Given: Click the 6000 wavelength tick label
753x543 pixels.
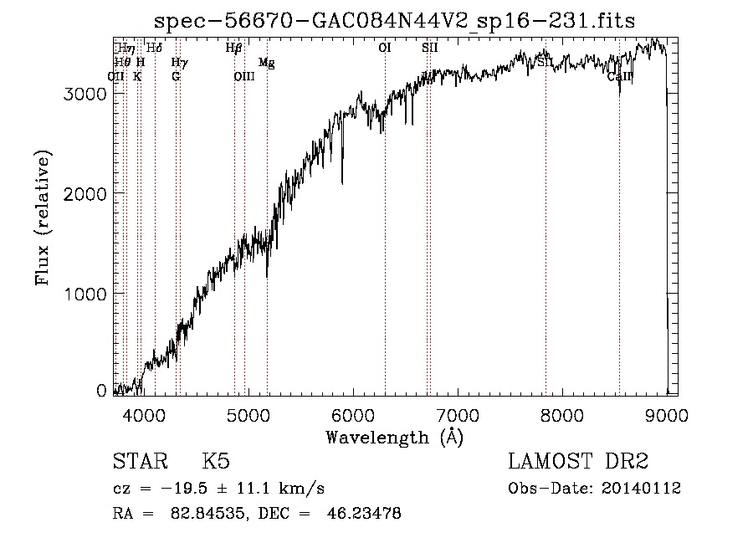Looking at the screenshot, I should tap(352, 414).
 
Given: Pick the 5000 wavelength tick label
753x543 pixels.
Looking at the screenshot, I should tap(248, 414).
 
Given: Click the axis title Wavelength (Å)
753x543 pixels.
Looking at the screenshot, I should tap(394, 437).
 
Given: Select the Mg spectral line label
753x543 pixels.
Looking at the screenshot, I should tap(266, 63).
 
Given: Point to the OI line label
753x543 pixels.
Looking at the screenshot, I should tap(385, 49).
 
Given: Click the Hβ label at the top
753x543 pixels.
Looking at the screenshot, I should tap(234, 49).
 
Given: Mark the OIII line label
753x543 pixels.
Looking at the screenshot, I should tap(243, 76).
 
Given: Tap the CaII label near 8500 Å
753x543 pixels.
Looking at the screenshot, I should tap(619, 76).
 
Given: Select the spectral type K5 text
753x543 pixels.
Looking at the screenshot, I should tap(216, 462).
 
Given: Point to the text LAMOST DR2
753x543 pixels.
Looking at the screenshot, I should tap(578, 462).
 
